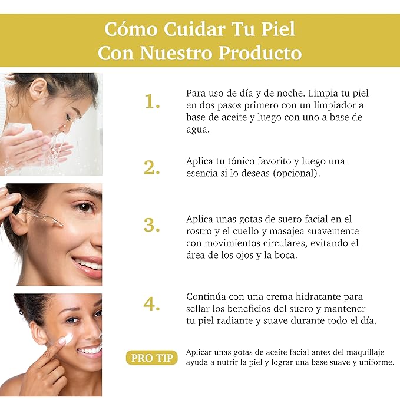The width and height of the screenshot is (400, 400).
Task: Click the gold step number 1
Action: click(x=152, y=101)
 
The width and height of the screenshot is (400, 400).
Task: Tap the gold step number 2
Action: click(x=151, y=167)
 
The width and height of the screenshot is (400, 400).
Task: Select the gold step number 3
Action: click(x=151, y=225)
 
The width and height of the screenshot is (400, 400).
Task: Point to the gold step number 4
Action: click(x=151, y=304)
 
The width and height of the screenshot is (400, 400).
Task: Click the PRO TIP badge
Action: click(x=152, y=358)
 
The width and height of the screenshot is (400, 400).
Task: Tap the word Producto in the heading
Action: click(x=260, y=53)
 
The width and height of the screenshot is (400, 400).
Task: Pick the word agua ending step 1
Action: click(x=198, y=130)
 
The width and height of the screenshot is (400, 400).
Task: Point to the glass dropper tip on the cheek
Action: click(x=60, y=224)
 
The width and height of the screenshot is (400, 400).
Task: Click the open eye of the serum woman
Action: click(x=84, y=207)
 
